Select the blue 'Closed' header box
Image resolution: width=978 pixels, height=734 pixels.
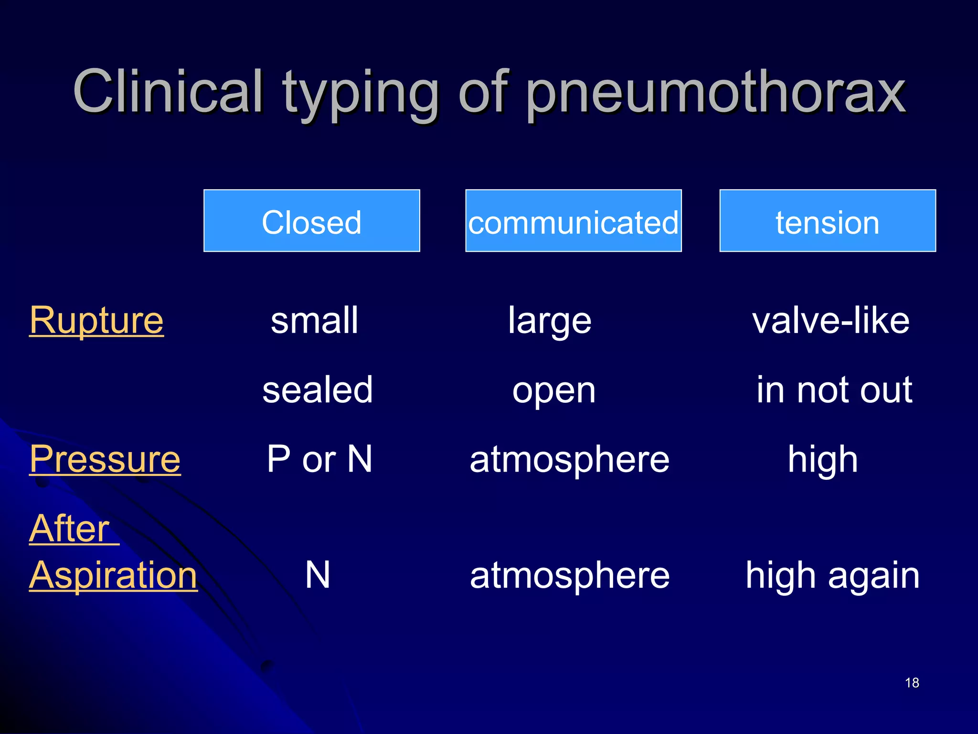point(312,221)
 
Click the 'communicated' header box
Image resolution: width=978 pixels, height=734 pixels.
point(573,221)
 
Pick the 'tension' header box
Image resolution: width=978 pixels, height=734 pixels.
point(828,221)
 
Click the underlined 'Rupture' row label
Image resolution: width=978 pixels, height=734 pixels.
point(96,320)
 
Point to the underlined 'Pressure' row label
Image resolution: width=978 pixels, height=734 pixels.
point(105,459)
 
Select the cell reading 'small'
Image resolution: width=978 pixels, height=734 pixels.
point(314,320)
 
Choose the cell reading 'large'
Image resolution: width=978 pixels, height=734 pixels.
point(550,321)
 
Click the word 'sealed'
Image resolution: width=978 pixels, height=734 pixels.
point(318,390)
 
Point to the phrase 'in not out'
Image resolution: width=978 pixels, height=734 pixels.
point(834,390)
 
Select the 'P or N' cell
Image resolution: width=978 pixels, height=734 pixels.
point(319,459)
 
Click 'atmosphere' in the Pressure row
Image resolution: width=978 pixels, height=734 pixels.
point(570,460)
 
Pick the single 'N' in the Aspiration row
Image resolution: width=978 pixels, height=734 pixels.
point(318,575)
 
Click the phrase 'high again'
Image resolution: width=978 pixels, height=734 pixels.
point(832,576)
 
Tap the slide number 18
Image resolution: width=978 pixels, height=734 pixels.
point(912,683)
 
